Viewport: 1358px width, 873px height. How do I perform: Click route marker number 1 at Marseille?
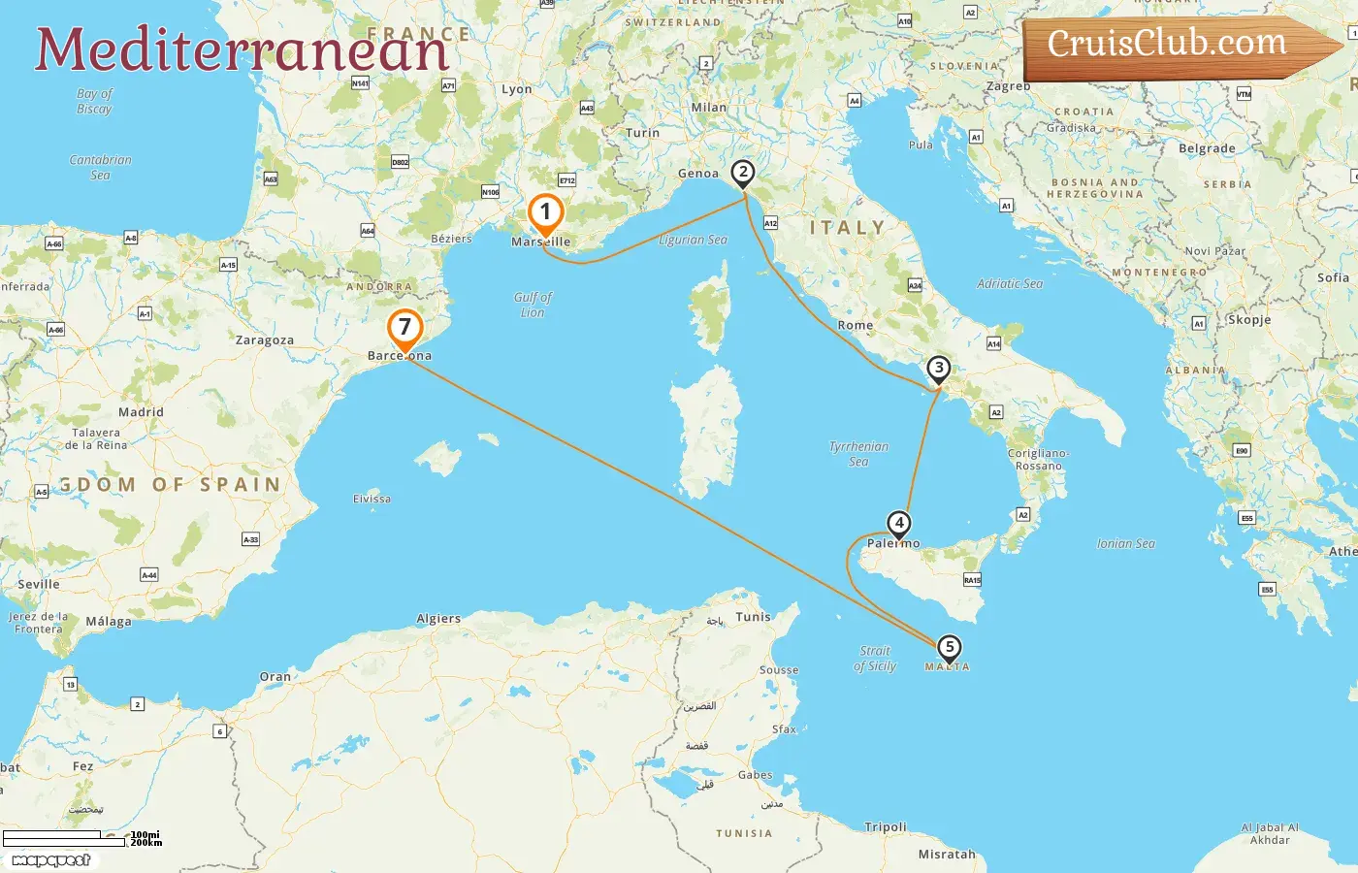click(545, 212)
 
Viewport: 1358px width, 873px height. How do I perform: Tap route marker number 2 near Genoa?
click(742, 173)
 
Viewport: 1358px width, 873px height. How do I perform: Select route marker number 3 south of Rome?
click(938, 369)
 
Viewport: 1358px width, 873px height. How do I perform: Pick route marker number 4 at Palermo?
click(899, 524)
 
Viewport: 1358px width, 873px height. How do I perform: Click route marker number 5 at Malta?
click(949, 647)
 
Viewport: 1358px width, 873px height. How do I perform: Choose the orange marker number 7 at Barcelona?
click(404, 328)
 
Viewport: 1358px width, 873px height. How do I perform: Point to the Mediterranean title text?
click(242, 49)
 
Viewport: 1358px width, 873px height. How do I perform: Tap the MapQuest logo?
click(51, 860)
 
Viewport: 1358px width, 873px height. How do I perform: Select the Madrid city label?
click(141, 412)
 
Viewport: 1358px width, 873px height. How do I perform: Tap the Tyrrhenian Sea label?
click(858, 454)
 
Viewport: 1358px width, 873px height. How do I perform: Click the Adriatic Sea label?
click(1009, 284)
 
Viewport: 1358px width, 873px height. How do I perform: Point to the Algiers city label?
click(438, 619)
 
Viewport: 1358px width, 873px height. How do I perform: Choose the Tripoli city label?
click(886, 827)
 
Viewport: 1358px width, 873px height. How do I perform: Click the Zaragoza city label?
click(264, 340)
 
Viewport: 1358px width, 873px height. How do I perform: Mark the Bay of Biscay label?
click(94, 101)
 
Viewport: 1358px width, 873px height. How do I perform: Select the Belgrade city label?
click(1207, 149)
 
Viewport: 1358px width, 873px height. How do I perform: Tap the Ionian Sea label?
click(1125, 544)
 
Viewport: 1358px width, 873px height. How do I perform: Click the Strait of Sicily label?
click(875, 659)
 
